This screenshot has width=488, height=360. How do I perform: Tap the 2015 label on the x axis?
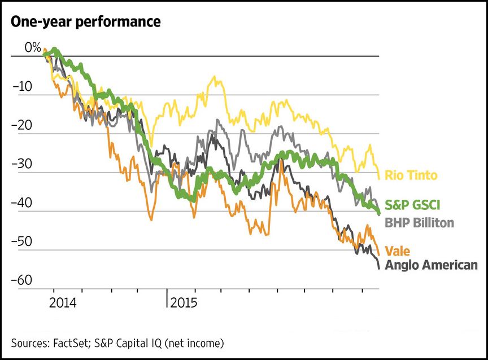(x=184, y=302)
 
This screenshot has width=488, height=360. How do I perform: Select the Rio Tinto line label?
(x=411, y=175)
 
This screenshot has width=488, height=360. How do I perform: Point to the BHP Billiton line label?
(x=419, y=223)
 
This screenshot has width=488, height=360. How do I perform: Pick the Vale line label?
(x=398, y=250)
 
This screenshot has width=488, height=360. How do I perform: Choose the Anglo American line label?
(x=431, y=265)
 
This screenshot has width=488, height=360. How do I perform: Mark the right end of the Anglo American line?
(x=378, y=268)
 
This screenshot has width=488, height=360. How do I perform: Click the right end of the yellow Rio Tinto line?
(x=378, y=178)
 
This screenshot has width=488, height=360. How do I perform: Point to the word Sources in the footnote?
(x=28, y=343)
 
